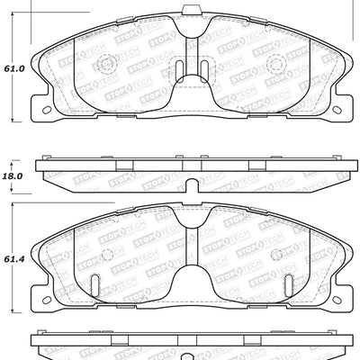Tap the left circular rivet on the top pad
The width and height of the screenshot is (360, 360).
tap(104, 64)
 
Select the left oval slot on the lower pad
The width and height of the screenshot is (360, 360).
tap(94, 283)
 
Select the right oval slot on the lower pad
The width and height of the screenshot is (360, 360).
tap(288, 283)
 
